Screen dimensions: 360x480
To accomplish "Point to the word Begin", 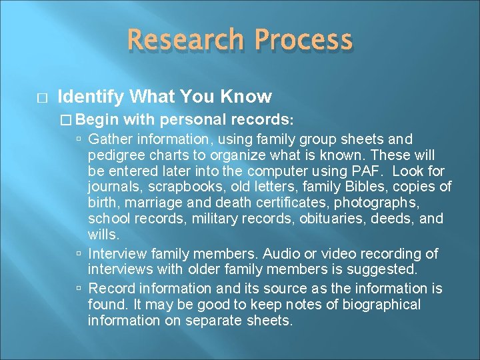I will pos(99,120).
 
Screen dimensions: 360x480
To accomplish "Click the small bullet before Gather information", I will pos(79,140).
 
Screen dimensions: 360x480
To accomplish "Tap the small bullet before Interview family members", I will pos(79,255).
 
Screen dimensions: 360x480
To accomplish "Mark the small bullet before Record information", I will pos(79,289).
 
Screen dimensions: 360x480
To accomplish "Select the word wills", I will pos(102,235).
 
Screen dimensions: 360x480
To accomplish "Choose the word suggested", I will pos(383,270).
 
